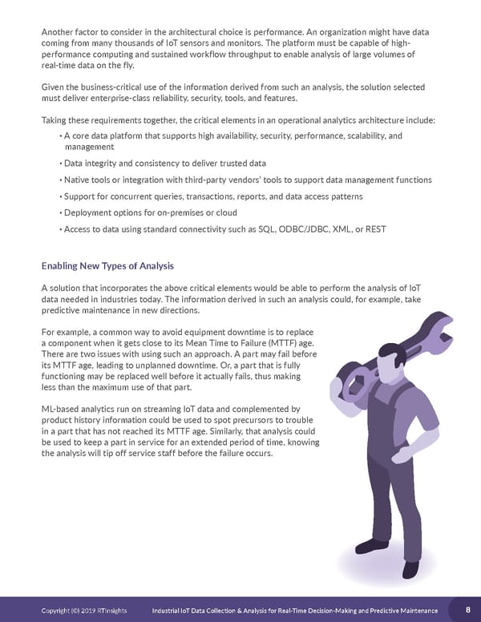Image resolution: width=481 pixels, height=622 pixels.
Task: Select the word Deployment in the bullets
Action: click(91, 212)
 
